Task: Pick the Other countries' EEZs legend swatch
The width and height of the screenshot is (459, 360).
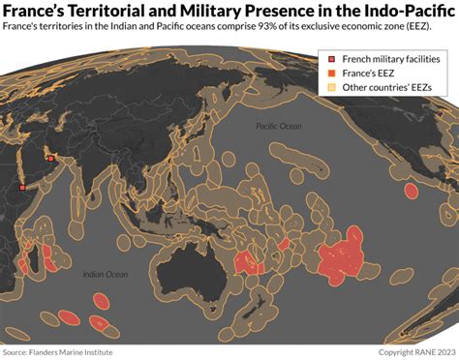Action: click(x=329, y=89)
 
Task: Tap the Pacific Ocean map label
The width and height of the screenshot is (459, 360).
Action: click(x=279, y=127)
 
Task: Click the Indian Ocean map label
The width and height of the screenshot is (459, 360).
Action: click(x=105, y=275)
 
